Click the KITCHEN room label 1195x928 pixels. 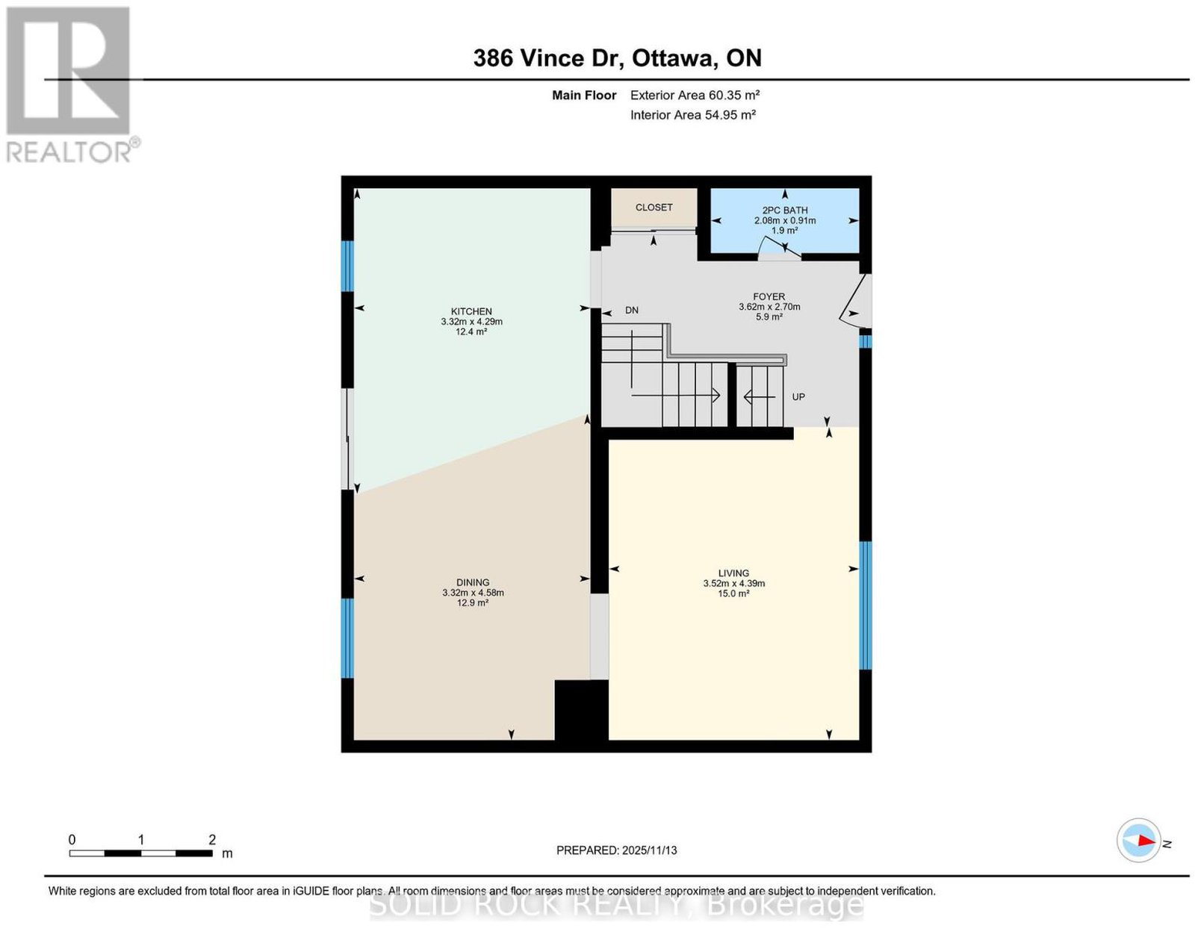(471, 311)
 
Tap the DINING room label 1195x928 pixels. (473, 582)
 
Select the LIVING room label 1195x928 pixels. (733, 573)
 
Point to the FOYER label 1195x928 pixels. (769, 296)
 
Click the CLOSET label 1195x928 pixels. (654, 207)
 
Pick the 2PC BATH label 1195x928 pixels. (785, 210)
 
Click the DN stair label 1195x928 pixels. (632, 310)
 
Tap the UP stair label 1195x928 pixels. (798, 396)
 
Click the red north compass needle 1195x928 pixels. (1146, 856)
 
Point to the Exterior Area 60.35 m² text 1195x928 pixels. (695, 95)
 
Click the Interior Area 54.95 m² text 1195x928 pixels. (693, 115)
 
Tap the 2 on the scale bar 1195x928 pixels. (211, 840)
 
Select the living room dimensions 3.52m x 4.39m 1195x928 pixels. (733, 584)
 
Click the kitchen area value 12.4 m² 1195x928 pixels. (471, 331)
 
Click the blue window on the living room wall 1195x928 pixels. (865, 605)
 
